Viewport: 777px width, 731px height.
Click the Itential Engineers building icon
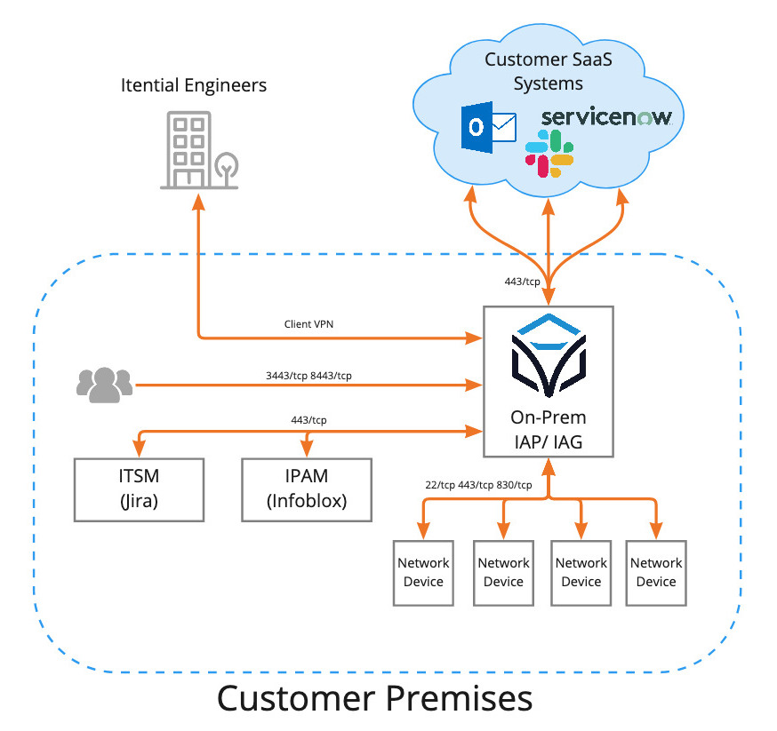(x=198, y=150)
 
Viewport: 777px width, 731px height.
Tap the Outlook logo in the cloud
(x=488, y=128)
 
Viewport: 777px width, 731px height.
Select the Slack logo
(x=549, y=152)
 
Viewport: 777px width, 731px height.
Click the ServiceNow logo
(x=605, y=117)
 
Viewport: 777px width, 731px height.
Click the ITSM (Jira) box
(x=139, y=489)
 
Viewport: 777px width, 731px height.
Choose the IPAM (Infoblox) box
(x=307, y=489)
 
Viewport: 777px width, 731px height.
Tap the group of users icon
(x=104, y=383)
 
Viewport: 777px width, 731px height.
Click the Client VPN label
(x=308, y=325)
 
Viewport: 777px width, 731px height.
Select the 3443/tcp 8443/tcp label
(x=308, y=375)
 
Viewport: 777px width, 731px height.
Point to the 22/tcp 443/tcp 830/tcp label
(x=478, y=484)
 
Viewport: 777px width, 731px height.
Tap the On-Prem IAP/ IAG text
(x=548, y=430)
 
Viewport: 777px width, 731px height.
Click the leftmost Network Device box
(x=423, y=572)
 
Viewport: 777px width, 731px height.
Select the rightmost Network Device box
(x=656, y=572)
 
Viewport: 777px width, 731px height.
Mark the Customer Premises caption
(x=374, y=698)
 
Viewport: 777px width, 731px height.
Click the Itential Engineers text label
(x=194, y=85)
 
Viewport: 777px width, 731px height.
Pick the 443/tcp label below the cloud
(x=522, y=282)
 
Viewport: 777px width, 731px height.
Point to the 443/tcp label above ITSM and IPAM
(x=308, y=419)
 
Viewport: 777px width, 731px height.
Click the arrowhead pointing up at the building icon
(x=198, y=200)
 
